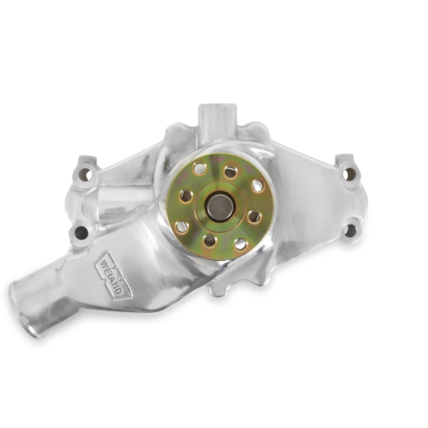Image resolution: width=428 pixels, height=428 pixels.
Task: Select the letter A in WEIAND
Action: [114, 280]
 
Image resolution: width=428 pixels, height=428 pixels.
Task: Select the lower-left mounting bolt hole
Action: [82, 232]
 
